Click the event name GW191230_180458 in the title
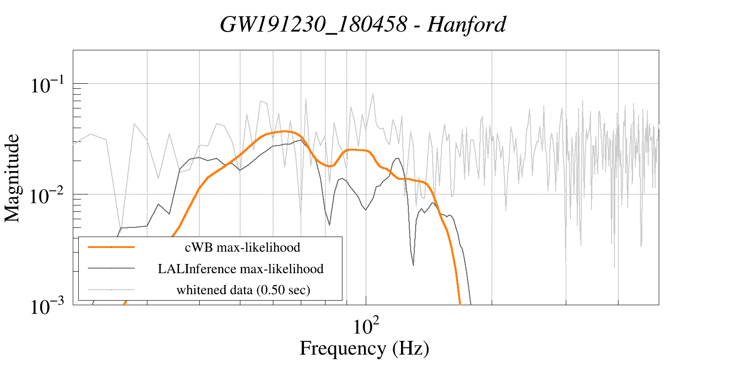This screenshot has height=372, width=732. pyautogui.click(x=313, y=24)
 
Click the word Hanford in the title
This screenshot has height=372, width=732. pyautogui.click(x=466, y=24)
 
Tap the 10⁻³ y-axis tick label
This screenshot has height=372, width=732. pyautogui.click(x=49, y=307)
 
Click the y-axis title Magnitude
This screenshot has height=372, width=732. pyautogui.click(x=12, y=178)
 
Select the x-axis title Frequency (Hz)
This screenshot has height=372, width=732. pyautogui.click(x=364, y=348)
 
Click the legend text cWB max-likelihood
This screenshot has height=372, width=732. pyautogui.click(x=242, y=248)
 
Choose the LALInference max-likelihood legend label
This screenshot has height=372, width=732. pyautogui.click(x=240, y=269)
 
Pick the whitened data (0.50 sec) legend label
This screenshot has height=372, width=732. pyautogui.click(x=243, y=290)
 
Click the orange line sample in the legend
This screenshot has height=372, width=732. pyautogui.click(x=111, y=247)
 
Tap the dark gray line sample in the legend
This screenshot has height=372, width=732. pyautogui.click(x=111, y=269)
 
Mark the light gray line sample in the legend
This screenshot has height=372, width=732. pyautogui.click(x=111, y=290)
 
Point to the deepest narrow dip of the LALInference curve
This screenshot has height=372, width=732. pyautogui.click(x=413, y=264)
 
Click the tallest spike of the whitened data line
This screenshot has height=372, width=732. pyautogui.click(x=373, y=94)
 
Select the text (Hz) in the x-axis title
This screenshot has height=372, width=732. pyautogui.click(x=411, y=348)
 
